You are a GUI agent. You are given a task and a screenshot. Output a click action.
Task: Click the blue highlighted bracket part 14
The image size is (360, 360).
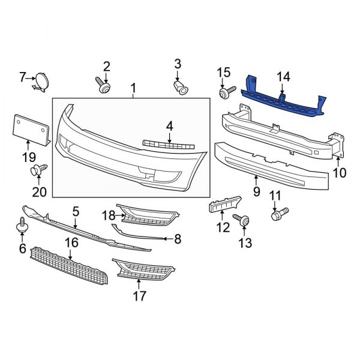[x=282, y=100]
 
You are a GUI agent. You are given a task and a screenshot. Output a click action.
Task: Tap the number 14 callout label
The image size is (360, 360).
[x=283, y=76]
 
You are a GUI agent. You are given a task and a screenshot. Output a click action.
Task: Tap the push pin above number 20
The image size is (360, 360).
[x=38, y=171]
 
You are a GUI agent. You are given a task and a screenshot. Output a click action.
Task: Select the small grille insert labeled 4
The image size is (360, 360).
[x=169, y=145]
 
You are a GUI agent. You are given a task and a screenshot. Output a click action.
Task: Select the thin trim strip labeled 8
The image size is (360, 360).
[x=138, y=235]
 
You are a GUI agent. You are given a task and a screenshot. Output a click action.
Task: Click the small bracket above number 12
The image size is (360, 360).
[x=224, y=205]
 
